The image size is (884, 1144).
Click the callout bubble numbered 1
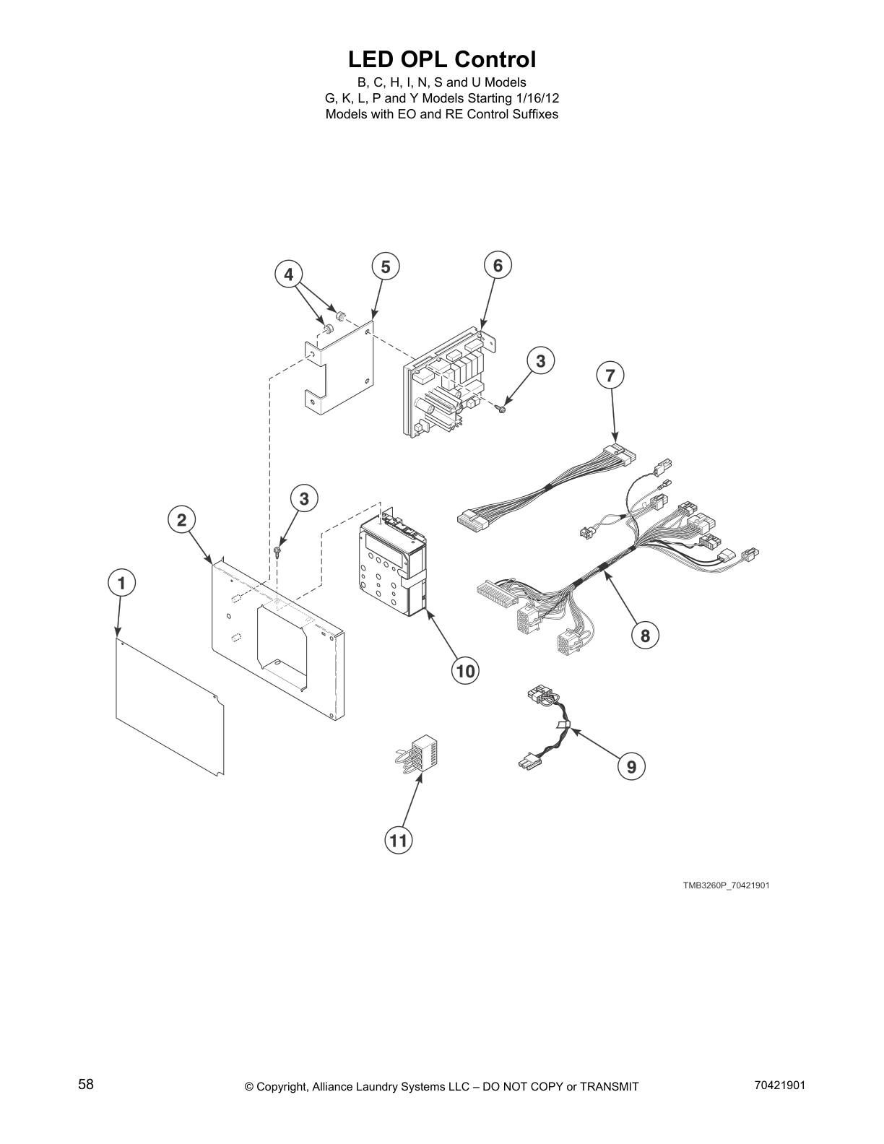click(122, 583)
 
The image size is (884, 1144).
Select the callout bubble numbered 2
click(181, 519)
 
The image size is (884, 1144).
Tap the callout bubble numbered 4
click(288, 274)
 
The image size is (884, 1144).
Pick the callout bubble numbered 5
click(386, 266)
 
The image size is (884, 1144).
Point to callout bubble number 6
click(498, 265)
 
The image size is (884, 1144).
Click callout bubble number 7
click(610, 375)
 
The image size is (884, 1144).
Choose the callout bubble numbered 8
click(645, 635)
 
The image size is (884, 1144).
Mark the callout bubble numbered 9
click(631, 766)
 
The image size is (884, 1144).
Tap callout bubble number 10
click(466, 671)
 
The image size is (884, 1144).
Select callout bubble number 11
click(399, 840)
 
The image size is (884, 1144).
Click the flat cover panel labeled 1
click(170, 708)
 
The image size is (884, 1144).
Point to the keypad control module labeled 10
click(391, 571)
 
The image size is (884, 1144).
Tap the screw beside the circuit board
click(500, 409)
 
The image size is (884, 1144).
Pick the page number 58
click(86, 1084)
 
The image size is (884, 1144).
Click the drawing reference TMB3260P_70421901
click(727, 885)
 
